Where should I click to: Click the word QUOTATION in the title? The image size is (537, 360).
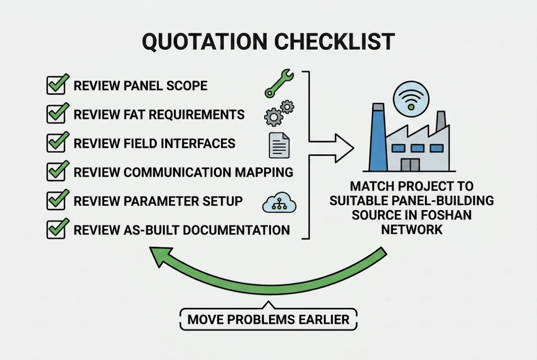coord(205,42)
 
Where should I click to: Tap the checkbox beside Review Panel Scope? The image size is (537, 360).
coord(56,85)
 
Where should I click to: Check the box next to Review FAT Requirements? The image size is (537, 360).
coord(56,114)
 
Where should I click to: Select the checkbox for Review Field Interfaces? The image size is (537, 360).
coord(56,143)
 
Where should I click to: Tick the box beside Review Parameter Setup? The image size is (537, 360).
coord(56,201)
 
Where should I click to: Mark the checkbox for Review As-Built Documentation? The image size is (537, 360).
coord(56,229)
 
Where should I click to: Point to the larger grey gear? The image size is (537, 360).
coord(274,117)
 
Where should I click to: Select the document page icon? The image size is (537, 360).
coord(279,145)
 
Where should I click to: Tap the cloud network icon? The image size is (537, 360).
coord(279,202)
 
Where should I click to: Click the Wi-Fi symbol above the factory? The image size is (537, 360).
coord(411,99)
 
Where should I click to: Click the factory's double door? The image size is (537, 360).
coord(410,165)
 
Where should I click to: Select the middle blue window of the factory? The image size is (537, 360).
coord(418,149)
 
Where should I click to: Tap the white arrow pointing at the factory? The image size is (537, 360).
coord(331,149)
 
